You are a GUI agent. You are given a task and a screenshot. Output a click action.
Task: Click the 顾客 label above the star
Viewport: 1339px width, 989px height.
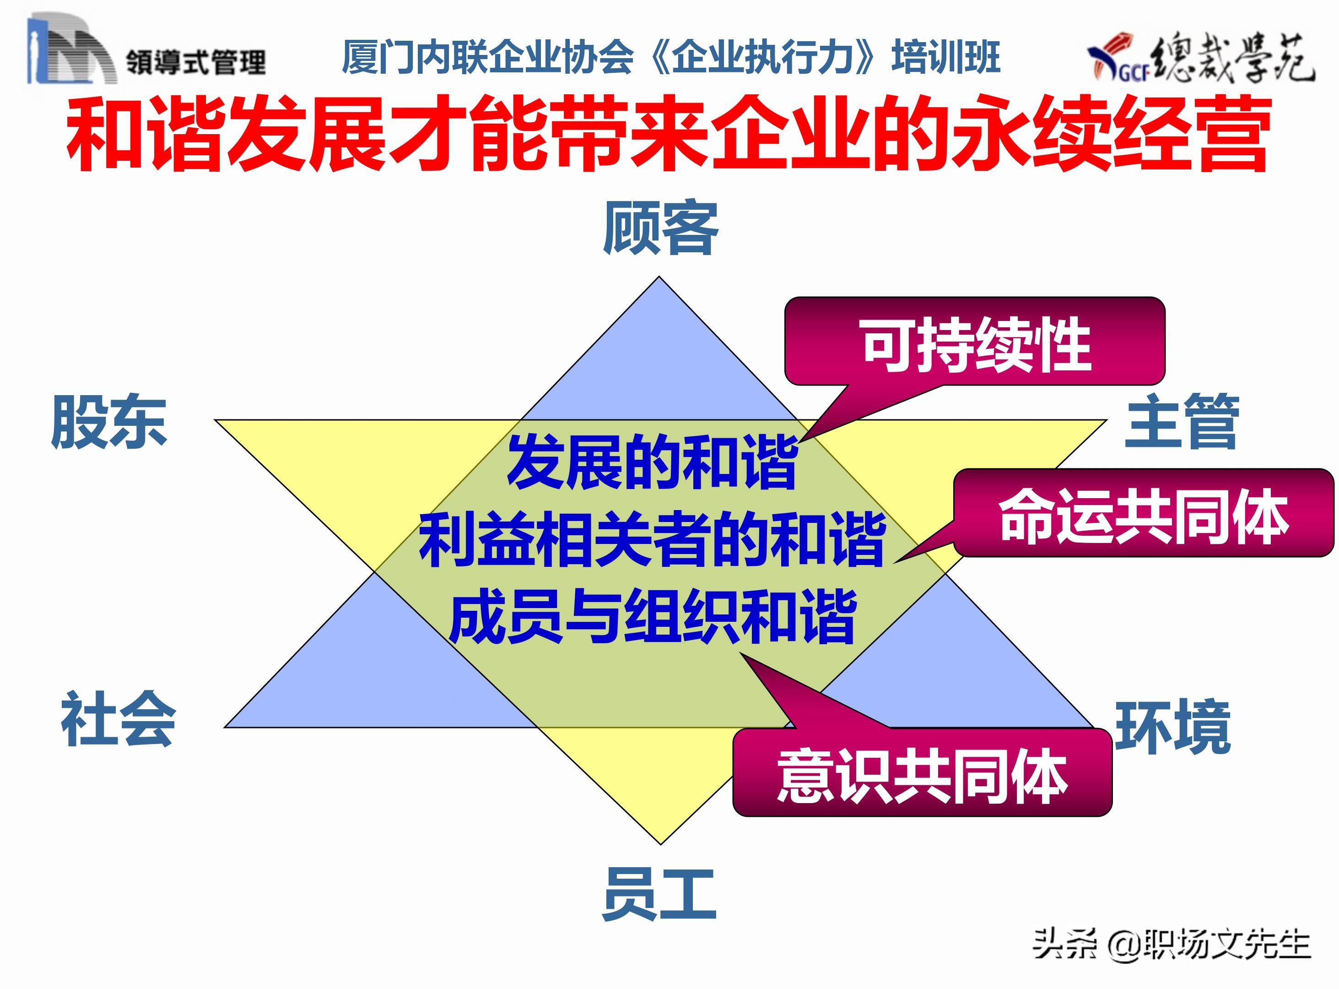click(660, 228)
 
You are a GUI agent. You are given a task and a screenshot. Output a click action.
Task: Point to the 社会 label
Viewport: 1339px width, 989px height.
click(118, 718)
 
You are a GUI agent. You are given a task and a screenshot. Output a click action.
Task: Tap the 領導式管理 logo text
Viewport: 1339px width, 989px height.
click(195, 62)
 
